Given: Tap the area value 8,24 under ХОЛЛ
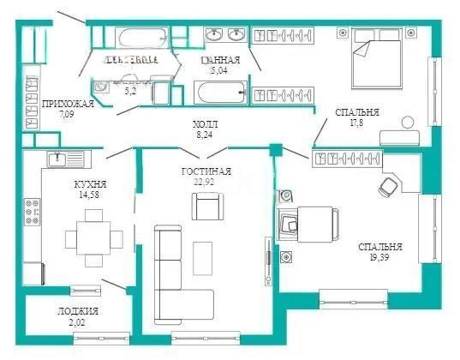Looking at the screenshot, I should pyautogui.click(x=204, y=135).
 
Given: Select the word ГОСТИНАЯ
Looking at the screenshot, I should pyautogui.click(x=205, y=171).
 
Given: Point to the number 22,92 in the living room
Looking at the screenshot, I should pyautogui.click(x=204, y=182).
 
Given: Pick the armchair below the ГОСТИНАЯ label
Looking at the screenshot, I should pyautogui.click(x=207, y=206).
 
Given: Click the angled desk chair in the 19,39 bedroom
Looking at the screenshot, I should pyautogui.click(x=388, y=185).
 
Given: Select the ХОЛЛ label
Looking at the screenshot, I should pyautogui.click(x=204, y=124).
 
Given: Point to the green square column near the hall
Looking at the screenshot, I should pyautogui.click(x=274, y=152).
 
